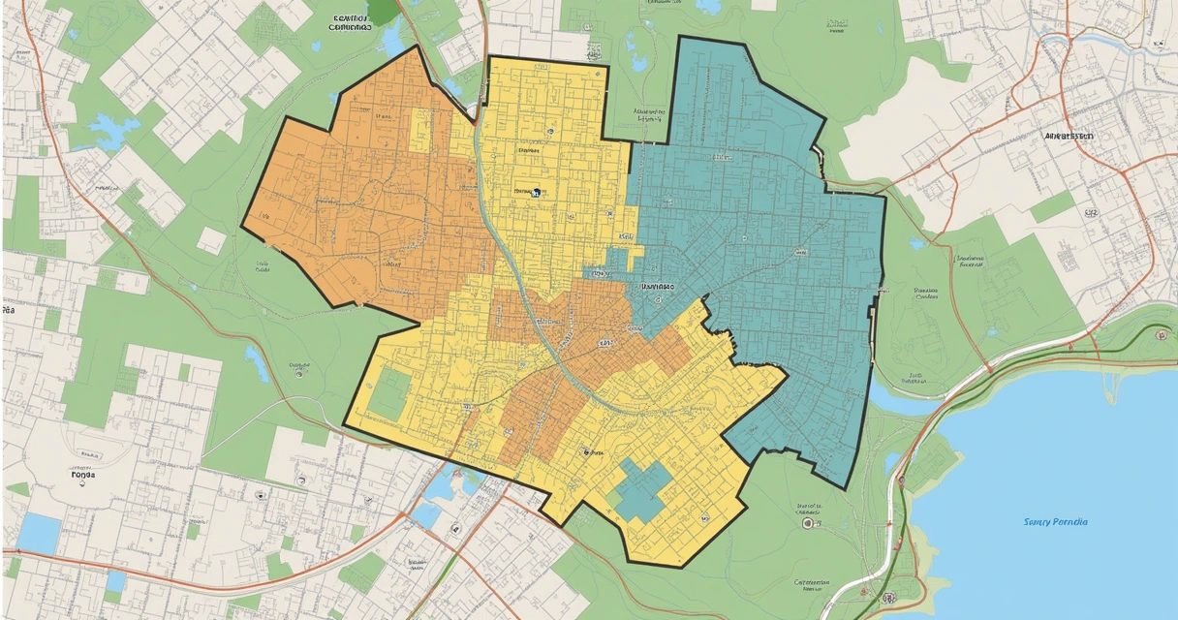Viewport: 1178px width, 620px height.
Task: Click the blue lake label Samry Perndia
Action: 1055,522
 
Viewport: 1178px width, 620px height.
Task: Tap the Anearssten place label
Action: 1069,137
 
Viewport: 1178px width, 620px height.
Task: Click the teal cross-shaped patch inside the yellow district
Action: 641,489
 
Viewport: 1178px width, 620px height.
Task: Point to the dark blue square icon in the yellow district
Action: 535,193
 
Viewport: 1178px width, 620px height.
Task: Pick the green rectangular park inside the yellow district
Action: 387,393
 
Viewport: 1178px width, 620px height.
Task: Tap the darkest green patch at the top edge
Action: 383,10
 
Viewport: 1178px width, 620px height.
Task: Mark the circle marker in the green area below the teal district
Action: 807,523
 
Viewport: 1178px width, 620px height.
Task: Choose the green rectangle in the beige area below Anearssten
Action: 1052,206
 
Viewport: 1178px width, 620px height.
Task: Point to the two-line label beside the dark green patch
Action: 351,23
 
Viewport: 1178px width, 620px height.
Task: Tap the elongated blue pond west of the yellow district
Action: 257,363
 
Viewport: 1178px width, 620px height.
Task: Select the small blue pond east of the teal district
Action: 916,243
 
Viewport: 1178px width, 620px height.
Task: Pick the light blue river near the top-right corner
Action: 1114,39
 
